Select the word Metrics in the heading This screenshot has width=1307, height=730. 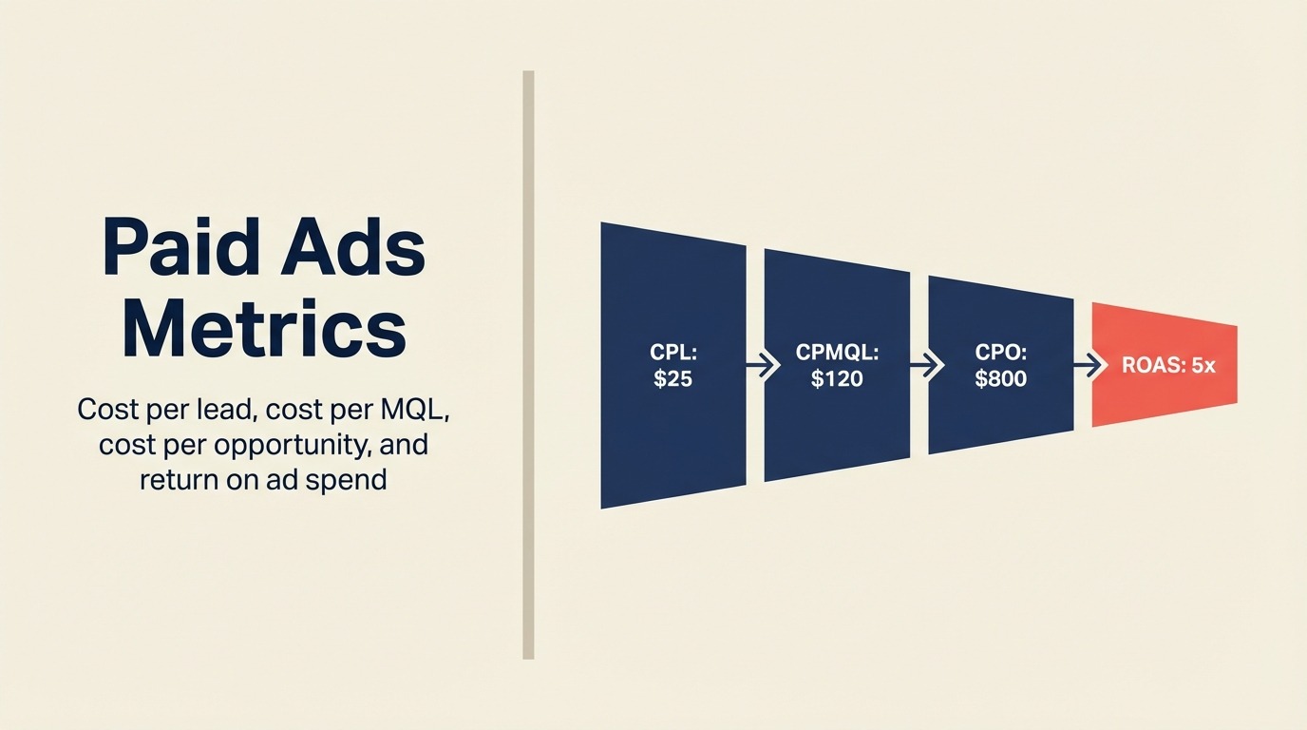click(264, 330)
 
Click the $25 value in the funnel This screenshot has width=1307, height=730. click(673, 378)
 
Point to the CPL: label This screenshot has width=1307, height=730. click(673, 354)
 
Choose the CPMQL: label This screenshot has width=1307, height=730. click(837, 354)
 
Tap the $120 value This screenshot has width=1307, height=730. click(837, 378)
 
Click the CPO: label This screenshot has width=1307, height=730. click(1000, 354)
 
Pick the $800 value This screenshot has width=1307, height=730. click(1000, 378)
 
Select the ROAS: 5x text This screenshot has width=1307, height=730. click(1168, 365)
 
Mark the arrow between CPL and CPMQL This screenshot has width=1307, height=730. click(756, 365)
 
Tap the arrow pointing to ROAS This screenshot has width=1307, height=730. click(1085, 365)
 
